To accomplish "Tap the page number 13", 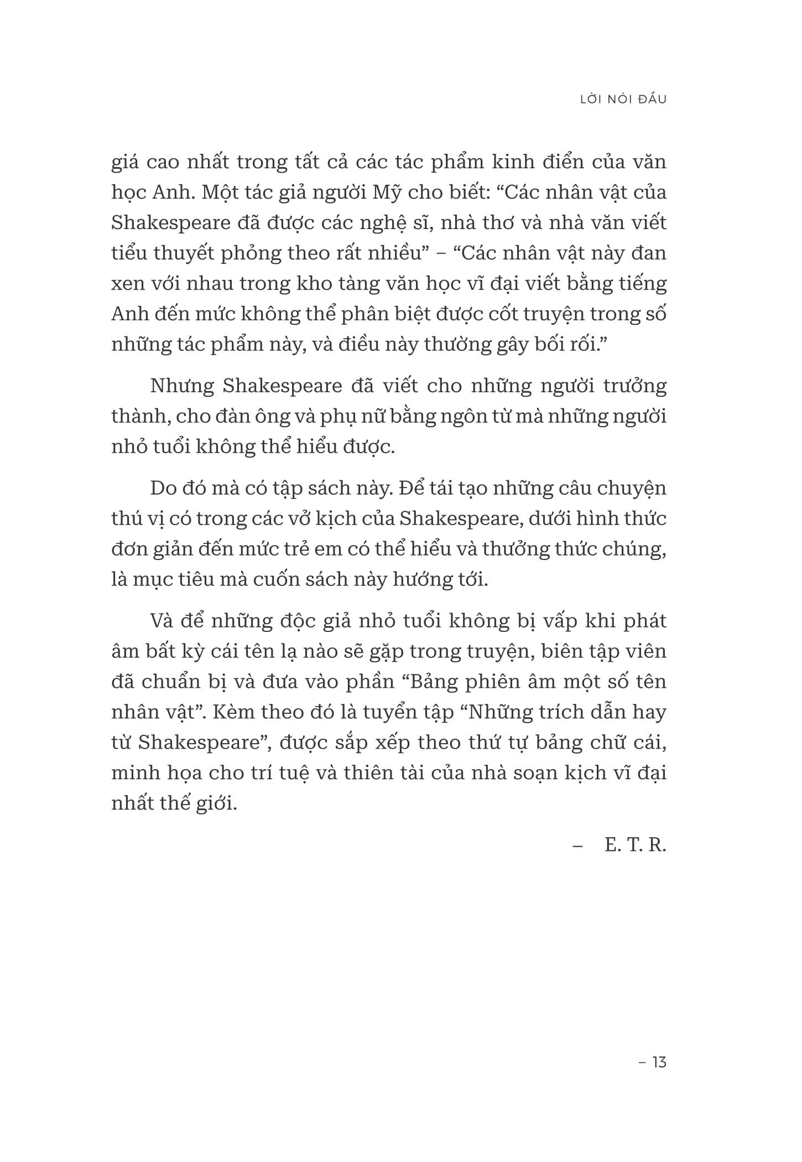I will pyautogui.click(x=659, y=1062).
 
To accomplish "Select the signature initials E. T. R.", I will pyautogui.click(x=636, y=845).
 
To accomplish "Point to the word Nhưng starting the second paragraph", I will pyautogui.click(x=182, y=386).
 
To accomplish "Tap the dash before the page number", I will pyautogui.click(x=642, y=1062).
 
